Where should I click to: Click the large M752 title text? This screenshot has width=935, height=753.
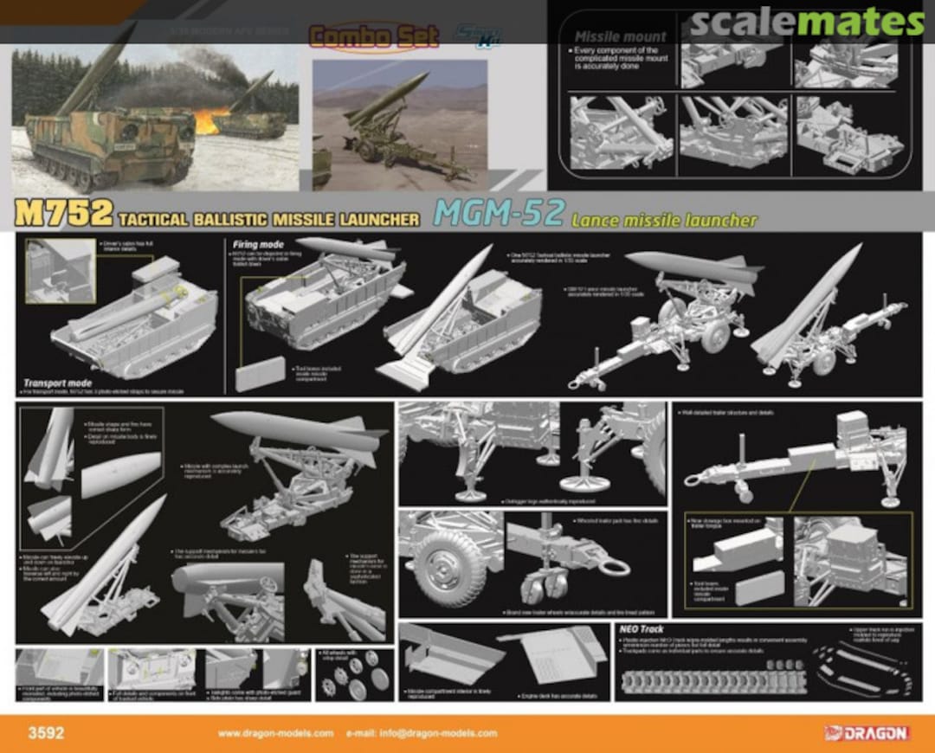click(x=64, y=214)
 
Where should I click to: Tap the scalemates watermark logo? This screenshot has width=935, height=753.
click(x=806, y=21)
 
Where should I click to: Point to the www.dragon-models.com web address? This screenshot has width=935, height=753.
click(x=275, y=733)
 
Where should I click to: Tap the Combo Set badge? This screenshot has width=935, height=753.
click(x=355, y=36)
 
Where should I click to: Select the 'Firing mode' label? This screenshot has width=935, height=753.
click(x=258, y=245)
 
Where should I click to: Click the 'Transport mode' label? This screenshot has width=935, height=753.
click(x=57, y=382)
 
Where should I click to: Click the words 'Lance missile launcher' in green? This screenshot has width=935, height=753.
click(x=663, y=220)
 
